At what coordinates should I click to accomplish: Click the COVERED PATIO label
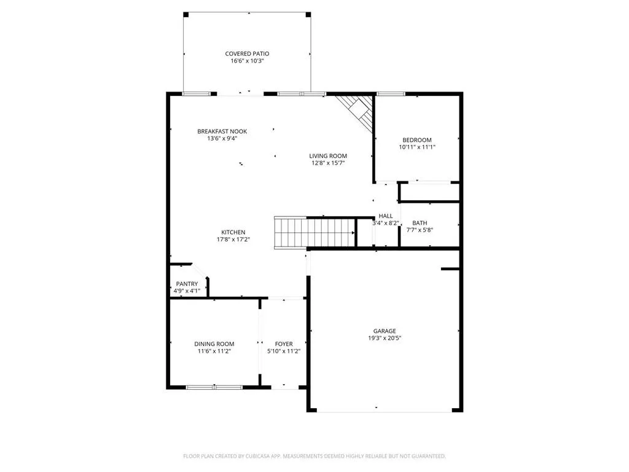coord(247,54)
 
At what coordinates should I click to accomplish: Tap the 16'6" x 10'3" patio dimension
coord(247,61)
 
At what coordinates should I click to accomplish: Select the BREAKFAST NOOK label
coord(222,132)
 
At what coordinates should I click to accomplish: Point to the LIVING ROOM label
coord(328,155)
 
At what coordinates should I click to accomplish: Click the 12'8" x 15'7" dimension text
coord(328,163)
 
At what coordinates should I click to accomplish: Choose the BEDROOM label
coord(417,140)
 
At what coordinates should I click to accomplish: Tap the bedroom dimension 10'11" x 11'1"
coord(417,147)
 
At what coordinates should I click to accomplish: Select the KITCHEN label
coord(233,232)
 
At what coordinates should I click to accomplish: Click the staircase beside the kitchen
coord(315,233)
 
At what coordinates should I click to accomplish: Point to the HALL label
coord(386,216)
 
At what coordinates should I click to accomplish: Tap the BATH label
coord(420,222)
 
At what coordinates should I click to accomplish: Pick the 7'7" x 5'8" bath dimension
coord(420,230)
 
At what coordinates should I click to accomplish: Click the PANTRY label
coord(187,284)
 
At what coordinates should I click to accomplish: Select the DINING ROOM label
coord(214,344)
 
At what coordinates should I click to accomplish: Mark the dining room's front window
coord(214,387)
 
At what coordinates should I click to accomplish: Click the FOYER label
coord(284,344)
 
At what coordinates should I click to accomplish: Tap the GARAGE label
coord(385,331)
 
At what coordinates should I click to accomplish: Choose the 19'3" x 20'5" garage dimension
coord(385,338)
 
